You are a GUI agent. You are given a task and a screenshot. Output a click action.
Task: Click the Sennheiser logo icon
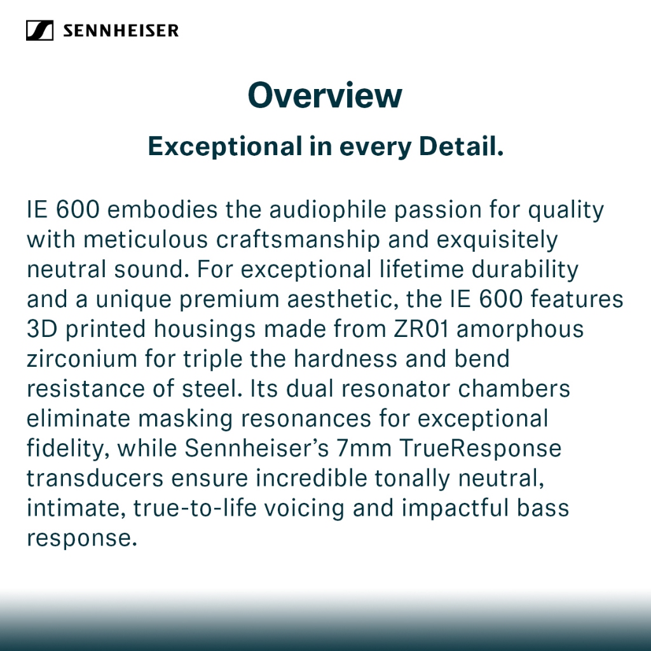[39, 31]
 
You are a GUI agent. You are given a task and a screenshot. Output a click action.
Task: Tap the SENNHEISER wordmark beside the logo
[121, 31]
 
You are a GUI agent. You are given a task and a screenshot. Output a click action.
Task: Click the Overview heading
[325, 95]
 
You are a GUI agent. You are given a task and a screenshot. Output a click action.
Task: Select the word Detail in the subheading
[462, 146]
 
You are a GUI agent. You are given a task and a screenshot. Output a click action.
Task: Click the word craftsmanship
[298, 240]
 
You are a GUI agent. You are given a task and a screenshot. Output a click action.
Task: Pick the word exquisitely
[497, 240]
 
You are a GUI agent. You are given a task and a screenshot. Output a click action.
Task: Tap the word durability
[524, 270]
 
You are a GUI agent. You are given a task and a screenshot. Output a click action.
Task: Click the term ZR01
[421, 329]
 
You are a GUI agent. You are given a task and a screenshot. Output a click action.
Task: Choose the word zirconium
[82, 359]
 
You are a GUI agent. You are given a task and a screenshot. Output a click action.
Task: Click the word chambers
[514, 388]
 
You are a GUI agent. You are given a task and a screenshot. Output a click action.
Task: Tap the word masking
[185, 419]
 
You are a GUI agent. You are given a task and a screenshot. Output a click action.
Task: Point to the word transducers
[95, 478]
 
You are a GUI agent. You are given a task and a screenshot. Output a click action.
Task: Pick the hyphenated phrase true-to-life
[195, 508]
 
